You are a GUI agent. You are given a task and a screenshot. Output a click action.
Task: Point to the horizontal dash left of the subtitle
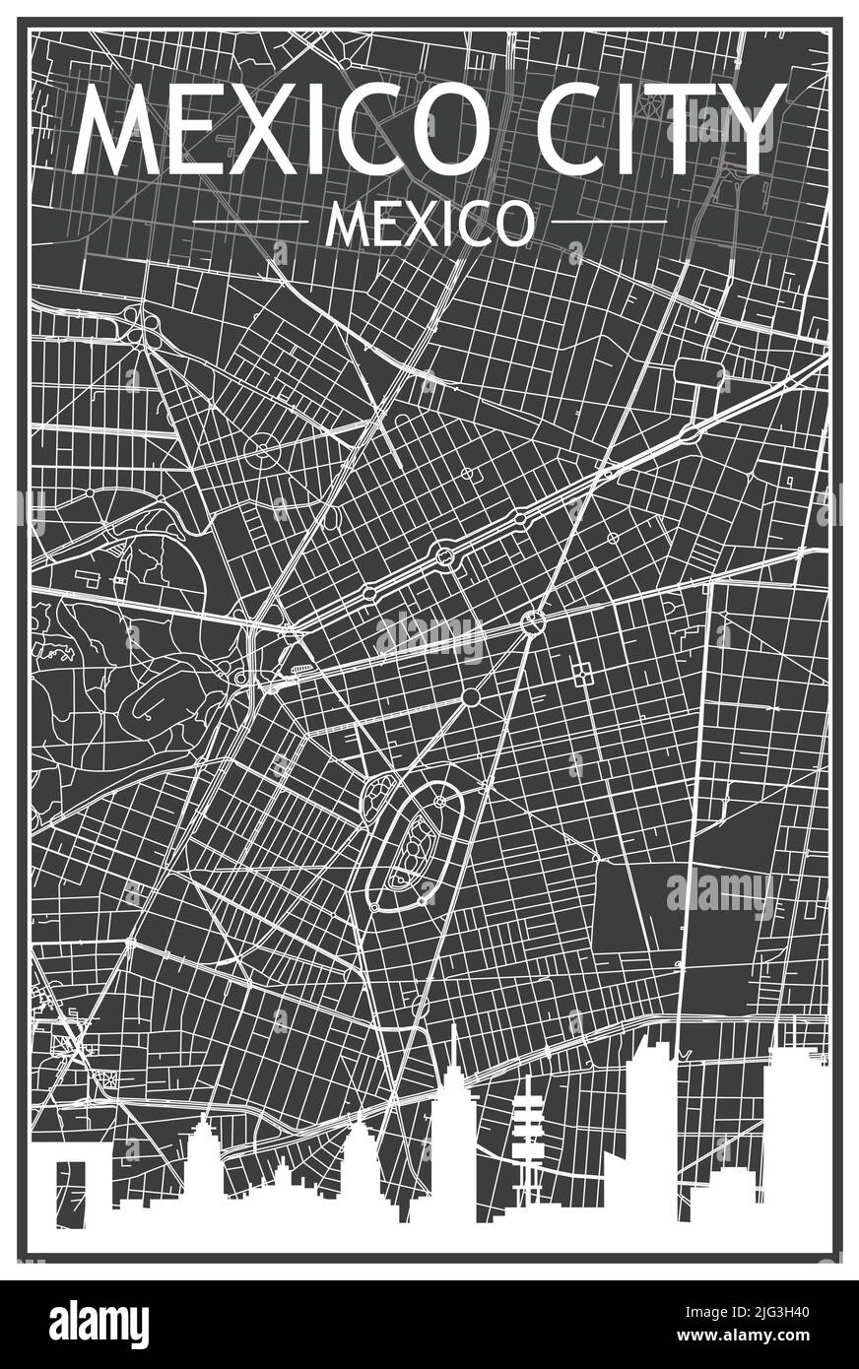(x=251, y=224)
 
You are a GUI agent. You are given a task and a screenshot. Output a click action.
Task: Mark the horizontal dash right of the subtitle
(x=608, y=224)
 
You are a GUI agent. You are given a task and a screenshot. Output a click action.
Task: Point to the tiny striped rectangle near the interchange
(x=300, y=668)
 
